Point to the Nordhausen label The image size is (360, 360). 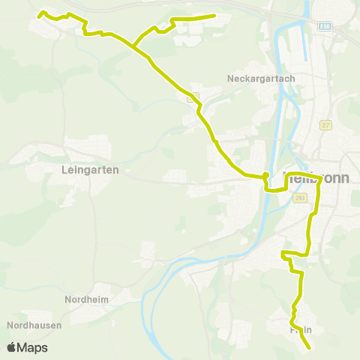[x=33, y=325]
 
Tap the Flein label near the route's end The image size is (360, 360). [x=300, y=329]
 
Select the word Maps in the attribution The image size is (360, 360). [x=32, y=347]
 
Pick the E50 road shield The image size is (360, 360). [x=324, y=25]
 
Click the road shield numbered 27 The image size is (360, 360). [x=325, y=124]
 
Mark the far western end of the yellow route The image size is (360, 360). [x=39, y=13]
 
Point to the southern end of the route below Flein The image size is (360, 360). [x=309, y=347]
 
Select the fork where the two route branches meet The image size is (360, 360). [x=136, y=46]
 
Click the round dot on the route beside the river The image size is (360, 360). [x=265, y=176]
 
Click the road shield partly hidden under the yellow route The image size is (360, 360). [x=192, y=96]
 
